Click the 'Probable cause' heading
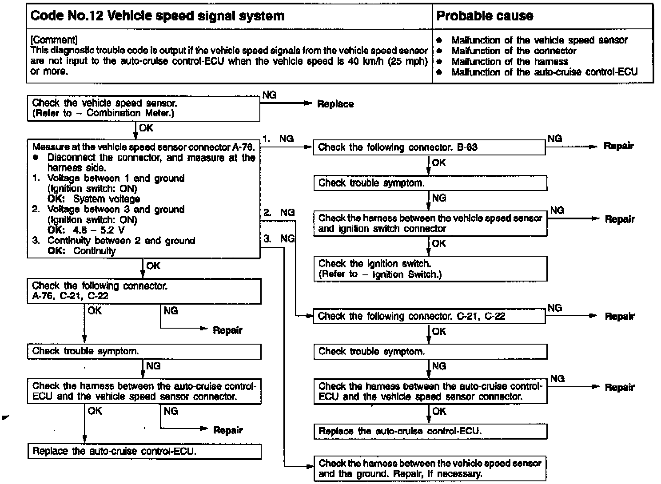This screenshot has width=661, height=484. [485, 16]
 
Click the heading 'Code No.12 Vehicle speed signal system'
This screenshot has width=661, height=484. [158, 16]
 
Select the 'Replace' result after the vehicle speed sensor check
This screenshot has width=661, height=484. [335, 104]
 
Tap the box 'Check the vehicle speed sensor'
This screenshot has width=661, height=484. [143, 108]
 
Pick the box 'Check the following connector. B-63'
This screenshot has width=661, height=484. [429, 147]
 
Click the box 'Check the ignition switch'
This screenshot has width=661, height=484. [430, 269]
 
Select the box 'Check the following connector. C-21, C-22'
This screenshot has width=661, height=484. [429, 316]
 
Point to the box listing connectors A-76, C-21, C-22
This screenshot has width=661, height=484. [143, 291]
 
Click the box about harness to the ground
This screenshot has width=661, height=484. [430, 468]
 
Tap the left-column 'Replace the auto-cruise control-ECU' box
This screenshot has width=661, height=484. [144, 452]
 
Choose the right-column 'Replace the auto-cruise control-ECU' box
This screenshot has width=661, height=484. [430, 431]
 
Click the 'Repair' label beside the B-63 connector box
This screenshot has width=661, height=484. [619, 146]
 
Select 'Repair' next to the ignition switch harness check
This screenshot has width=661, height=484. [620, 219]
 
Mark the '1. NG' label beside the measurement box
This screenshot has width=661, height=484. [278, 139]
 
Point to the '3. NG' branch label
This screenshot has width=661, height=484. [279, 239]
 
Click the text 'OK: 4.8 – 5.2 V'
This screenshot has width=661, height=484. [86, 230]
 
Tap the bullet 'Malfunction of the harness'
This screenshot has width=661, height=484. [510, 62]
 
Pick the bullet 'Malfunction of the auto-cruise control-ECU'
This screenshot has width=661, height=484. [544, 72]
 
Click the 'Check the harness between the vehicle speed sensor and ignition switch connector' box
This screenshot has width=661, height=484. [430, 223]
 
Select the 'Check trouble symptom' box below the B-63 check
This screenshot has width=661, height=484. [430, 183]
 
